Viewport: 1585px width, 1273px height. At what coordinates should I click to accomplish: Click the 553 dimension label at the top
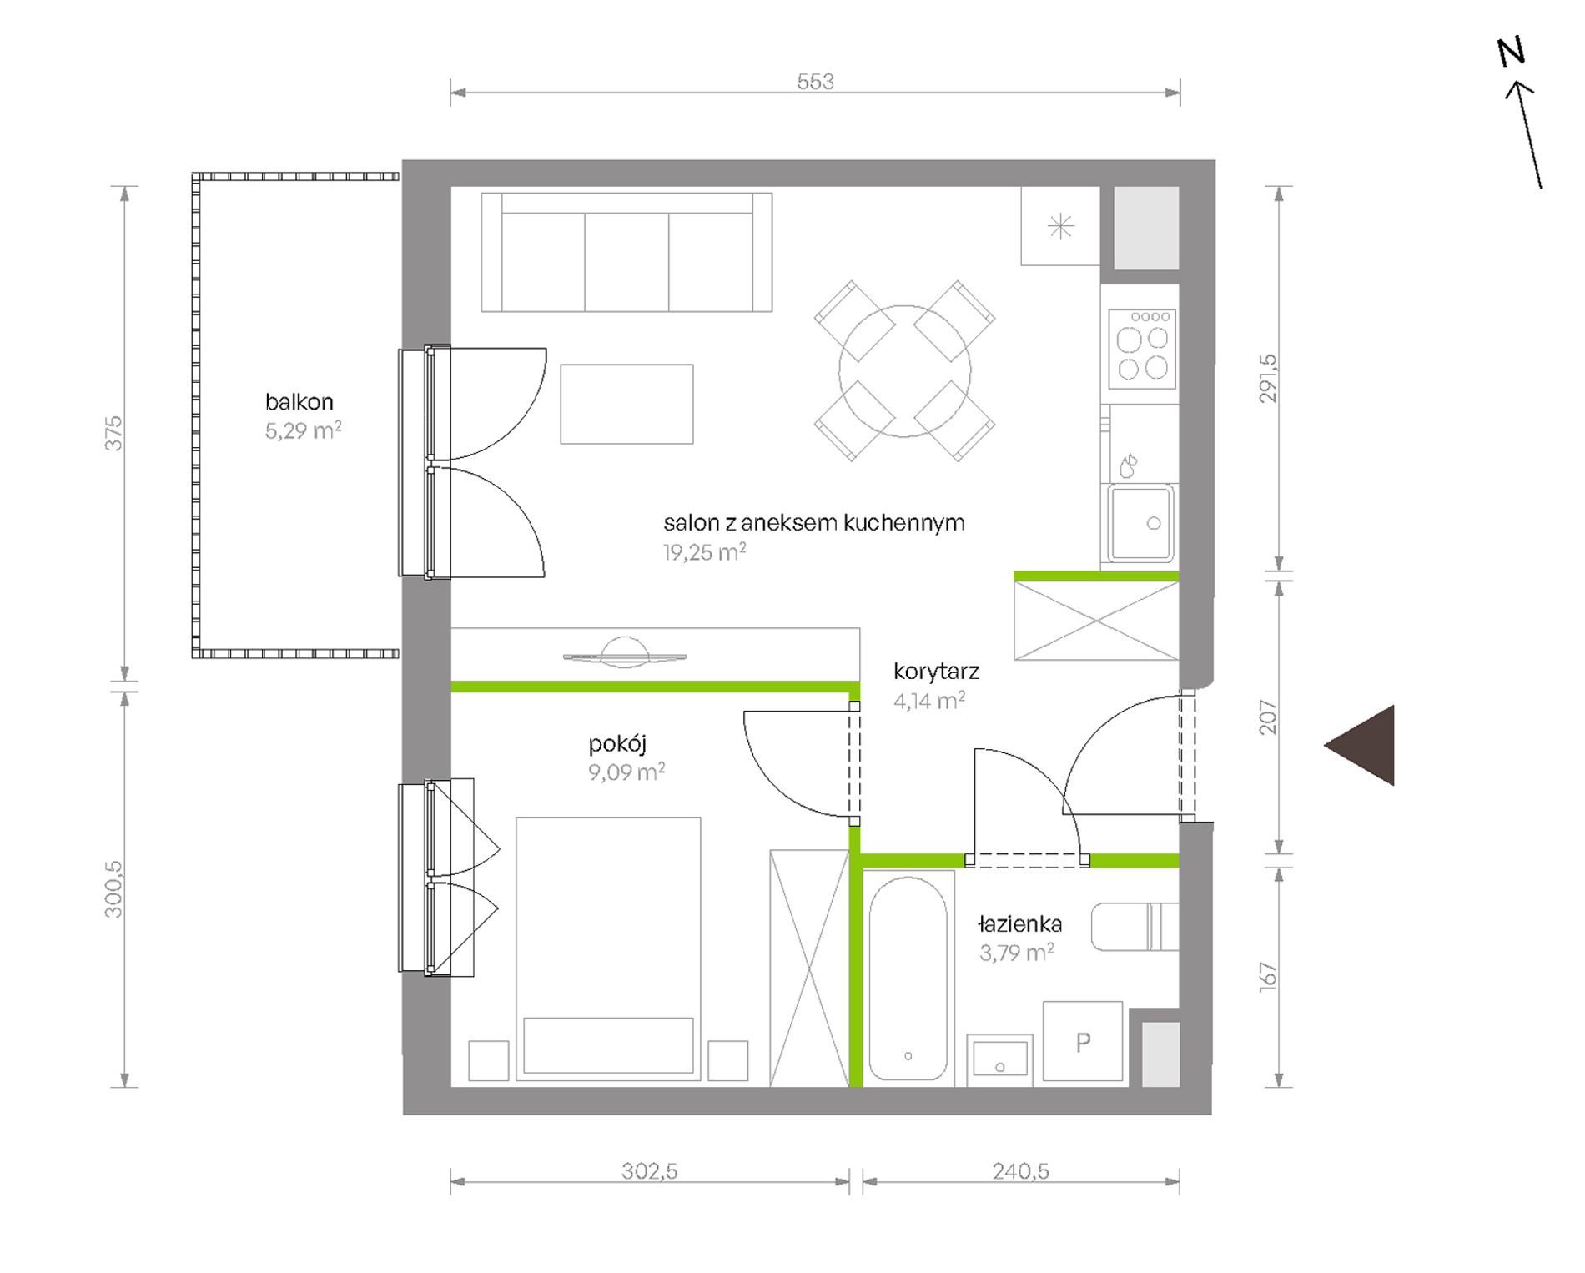[815, 81]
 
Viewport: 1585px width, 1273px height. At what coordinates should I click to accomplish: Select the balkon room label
[299, 401]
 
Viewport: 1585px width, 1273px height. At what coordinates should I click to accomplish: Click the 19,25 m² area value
[704, 551]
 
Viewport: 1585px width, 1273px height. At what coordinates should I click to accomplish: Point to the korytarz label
[936, 671]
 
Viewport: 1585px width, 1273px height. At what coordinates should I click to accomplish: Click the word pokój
[617, 743]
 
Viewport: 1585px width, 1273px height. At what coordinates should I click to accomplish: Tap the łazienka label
[1020, 923]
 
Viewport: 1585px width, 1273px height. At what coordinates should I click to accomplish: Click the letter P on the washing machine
[1083, 1042]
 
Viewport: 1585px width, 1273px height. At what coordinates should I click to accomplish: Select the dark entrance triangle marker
[1360, 745]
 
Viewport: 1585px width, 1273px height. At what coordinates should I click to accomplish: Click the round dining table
[905, 371]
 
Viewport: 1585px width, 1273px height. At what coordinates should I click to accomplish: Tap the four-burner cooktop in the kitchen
[1142, 349]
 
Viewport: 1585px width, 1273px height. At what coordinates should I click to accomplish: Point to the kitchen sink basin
[1141, 523]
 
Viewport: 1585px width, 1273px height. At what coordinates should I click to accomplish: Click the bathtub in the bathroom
[908, 978]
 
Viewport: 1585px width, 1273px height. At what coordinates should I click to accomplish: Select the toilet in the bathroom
[1135, 926]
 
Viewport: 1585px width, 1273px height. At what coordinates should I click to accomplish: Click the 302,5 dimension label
[649, 1171]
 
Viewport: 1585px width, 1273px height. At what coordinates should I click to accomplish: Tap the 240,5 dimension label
[1020, 1171]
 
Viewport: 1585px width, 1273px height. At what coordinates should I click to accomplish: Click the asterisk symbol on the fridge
[1061, 226]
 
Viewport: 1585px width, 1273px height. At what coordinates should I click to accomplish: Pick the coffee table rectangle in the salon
[626, 404]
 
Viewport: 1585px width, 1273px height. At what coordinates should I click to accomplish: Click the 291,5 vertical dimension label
[1267, 379]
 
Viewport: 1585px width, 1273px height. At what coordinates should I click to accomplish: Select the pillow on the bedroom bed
[608, 1044]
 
